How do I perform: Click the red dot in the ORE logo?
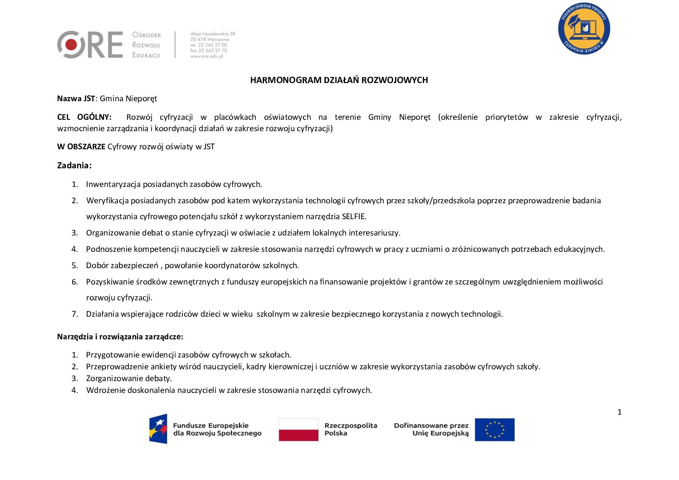[71, 44]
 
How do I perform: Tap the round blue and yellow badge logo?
[584, 29]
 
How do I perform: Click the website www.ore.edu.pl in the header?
[206, 56]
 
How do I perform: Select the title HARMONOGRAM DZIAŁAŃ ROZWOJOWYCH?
[339, 80]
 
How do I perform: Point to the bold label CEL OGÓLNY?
[84, 117]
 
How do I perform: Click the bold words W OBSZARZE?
[81, 147]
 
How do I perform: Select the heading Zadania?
[74, 166]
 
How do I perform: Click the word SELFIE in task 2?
[354, 216]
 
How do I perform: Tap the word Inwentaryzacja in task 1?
[113, 184]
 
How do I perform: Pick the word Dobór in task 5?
[97, 265]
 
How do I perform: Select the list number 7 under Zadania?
[75, 314]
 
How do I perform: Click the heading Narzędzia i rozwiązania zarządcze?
[120, 337]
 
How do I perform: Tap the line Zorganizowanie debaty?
[129, 378]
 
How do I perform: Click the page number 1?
[620, 412]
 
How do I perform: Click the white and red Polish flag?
[298, 430]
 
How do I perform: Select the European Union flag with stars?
[494, 430]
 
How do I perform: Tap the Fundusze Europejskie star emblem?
[158, 429]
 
